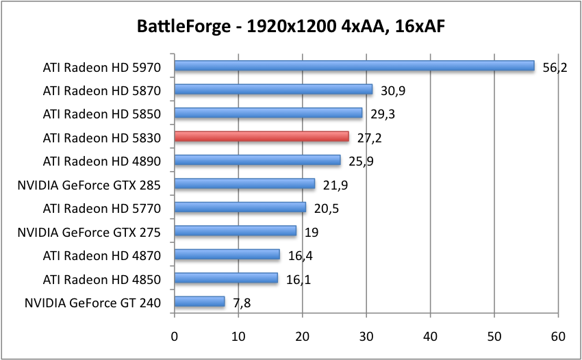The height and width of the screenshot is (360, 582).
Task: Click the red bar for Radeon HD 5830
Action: click(x=262, y=136)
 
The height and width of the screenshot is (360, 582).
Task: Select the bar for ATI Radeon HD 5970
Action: click(x=354, y=66)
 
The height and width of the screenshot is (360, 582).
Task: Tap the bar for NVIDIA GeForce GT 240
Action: click(x=199, y=301)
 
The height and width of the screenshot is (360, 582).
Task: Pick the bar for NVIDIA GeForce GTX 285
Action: click(x=244, y=183)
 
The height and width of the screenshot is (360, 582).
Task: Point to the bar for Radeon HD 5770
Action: click(x=240, y=207)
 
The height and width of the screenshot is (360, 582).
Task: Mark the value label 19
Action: click(x=312, y=232)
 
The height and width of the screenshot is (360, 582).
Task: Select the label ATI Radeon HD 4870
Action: click(x=101, y=255)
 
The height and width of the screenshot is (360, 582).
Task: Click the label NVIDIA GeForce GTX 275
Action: click(x=89, y=232)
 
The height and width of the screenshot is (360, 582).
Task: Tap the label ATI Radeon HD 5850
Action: click(x=101, y=114)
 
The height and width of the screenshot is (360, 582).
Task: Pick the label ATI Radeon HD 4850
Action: click(x=101, y=279)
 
